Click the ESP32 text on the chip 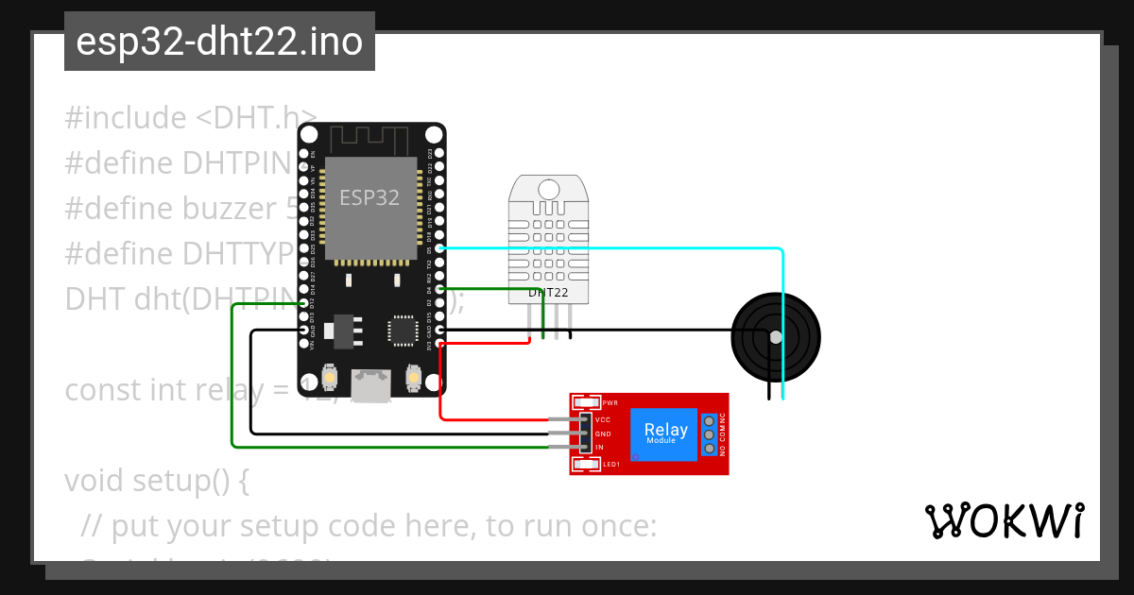(x=369, y=197)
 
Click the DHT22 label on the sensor (x=548, y=293)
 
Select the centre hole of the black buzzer (x=776, y=337)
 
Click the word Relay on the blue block (x=665, y=429)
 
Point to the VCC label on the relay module (x=603, y=419)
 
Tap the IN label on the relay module (x=599, y=447)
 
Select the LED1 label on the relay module (x=610, y=465)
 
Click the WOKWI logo (x=1004, y=520)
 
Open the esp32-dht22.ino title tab (x=219, y=42)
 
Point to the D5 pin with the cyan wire (x=438, y=248)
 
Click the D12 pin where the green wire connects (x=303, y=303)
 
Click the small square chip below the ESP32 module (x=403, y=331)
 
